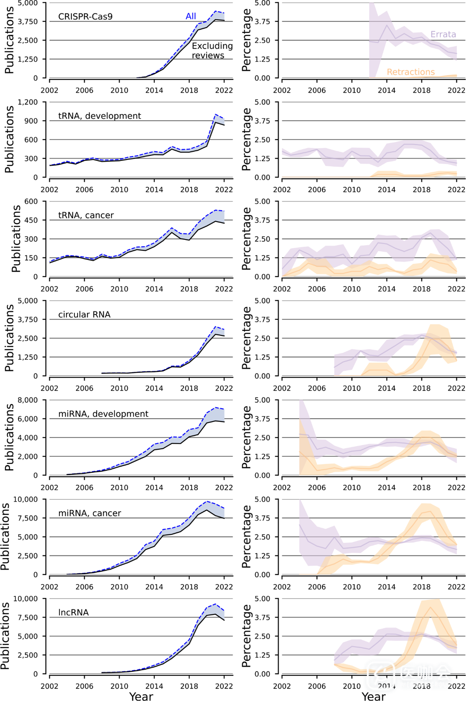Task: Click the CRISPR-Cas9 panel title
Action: (85, 16)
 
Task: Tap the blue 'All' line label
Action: (191, 16)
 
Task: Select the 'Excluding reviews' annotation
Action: (212, 51)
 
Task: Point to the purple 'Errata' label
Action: (443, 34)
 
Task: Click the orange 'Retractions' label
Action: (410, 72)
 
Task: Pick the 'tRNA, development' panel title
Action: (99, 116)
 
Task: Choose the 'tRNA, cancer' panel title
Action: (86, 215)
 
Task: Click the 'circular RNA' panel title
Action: (84, 314)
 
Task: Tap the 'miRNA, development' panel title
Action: (103, 414)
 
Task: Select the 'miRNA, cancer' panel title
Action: (89, 513)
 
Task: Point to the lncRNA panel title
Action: (73, 612)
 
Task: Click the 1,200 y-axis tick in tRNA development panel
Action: (28, 102)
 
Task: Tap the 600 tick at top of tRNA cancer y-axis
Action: (31, 201)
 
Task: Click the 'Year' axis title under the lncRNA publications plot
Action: (141, 696)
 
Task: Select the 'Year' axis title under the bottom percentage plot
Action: (373, 696)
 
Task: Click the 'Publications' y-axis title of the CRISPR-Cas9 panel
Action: (9, 40)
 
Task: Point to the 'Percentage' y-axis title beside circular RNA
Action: (246, 338)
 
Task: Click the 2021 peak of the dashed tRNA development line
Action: (216, 114)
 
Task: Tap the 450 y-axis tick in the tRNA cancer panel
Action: (31, 220)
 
